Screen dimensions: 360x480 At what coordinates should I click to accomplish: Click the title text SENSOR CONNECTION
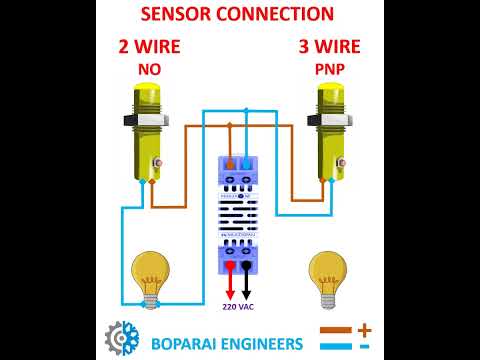click(237, 14)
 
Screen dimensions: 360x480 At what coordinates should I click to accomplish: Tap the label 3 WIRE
click(329, 47)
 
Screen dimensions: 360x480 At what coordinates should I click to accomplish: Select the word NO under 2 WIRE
click(148, 70)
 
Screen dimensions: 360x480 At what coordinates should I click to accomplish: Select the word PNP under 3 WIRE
click(330, 70)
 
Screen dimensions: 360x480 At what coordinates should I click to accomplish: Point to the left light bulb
click(151, 276)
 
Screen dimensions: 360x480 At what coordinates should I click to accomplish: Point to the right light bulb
click(327, 276)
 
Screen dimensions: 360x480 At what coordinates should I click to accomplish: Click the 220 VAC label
click(238, 307)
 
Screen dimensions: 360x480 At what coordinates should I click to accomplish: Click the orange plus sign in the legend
click(364, 329)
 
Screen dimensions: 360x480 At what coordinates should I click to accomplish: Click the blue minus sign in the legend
click(364, 346)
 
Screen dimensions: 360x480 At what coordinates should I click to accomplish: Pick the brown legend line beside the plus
click(335, 329)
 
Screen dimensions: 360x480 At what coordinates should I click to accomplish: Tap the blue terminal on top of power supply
click(246, 163)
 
